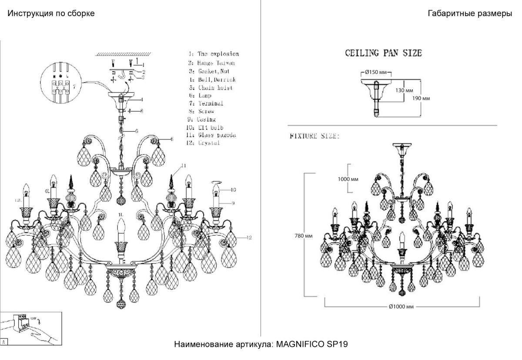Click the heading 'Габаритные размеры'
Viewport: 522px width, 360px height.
pyautogui.click(x=470, y=13)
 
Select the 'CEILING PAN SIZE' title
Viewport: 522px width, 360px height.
pyautogui.click(x=383, y=53)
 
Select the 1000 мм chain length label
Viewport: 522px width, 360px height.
pyautogui.click(x=348, y=179)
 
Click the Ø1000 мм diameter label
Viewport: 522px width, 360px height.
pyautogui.click(x=402, y=307)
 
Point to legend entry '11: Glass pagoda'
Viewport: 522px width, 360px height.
pyautogui.click(x=211, y=135)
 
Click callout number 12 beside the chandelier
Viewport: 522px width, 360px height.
pyautogui.click(x=248, y=237)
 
